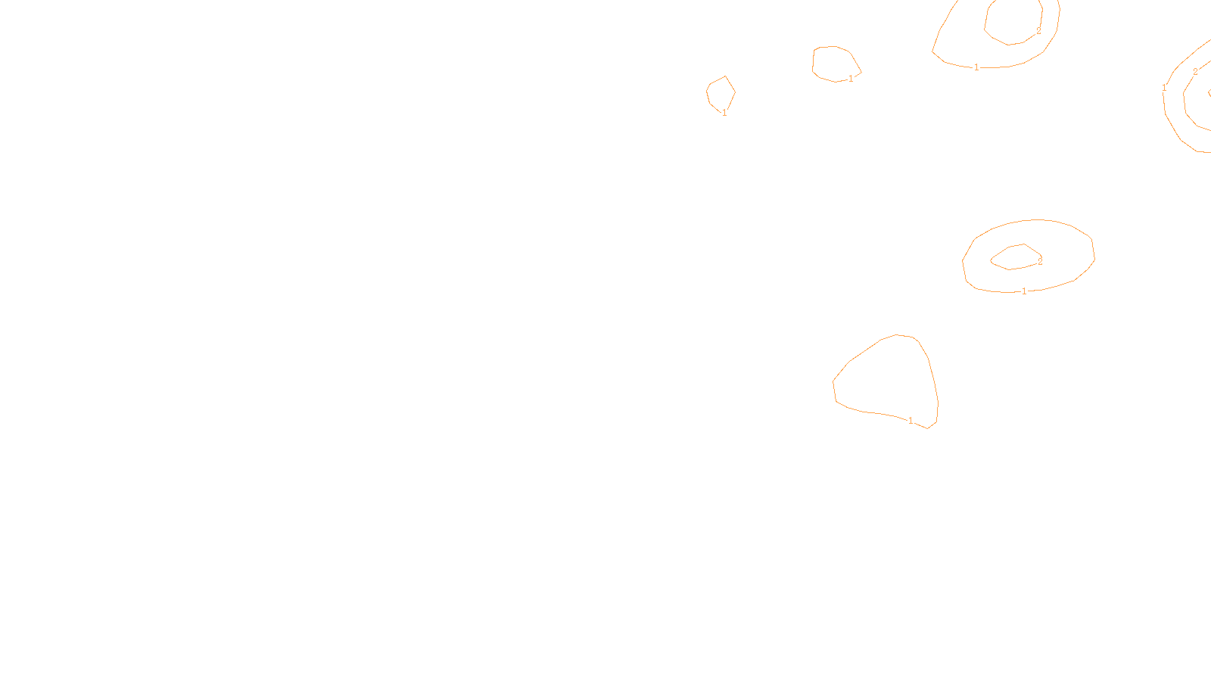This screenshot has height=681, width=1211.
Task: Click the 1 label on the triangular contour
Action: [x=911, y=421]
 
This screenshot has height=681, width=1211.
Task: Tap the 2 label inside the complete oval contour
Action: [x=1040, y=261]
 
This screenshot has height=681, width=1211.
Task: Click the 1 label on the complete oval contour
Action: [x=1024, y=291]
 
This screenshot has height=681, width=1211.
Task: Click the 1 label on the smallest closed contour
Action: [x=724, y=113]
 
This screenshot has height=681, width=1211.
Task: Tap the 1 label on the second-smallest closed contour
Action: [x=851, y=79]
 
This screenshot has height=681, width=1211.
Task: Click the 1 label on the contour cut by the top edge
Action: [x=976, y=67]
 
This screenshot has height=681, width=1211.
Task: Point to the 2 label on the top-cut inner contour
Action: [x=1038, y=31]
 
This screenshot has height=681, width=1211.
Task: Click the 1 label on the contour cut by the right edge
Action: [x=1164, y=88]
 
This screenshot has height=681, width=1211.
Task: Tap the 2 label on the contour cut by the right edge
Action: [x=1195, y=72]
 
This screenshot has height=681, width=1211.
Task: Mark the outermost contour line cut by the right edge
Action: [x=1171, y=125]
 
